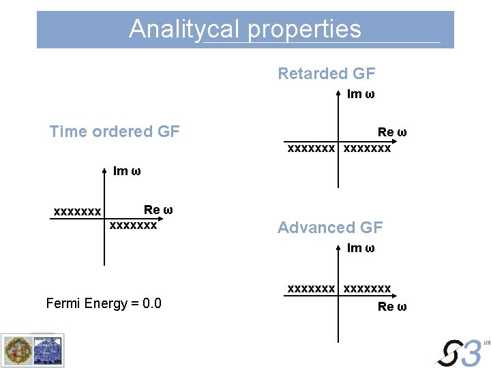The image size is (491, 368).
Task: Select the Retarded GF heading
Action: pyautogui.click(x=326, y=74)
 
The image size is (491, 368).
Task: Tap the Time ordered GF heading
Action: pyautogui.click(x=115, y=132)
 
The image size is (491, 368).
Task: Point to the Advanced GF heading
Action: pyautogui.click(x=330, y=228)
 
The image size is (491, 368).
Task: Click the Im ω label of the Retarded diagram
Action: pyautogui.click(x=361, y=94)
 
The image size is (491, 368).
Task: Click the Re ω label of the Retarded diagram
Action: pyautogui.click(x=392, y=132)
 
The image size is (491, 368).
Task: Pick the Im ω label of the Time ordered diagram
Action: pyautogui.click(x=127, y=171)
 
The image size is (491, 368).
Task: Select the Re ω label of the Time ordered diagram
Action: pyautogui.click(x=158, y=210)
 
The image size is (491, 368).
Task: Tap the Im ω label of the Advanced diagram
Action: pyautogui.click(x=361, y=248)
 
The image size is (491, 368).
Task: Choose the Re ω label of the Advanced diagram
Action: pyautogui.click(x=392, y=307)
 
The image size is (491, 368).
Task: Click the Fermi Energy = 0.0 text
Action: pyautogui.click(x=104, y=303)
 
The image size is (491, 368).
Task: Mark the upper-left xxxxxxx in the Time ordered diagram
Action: pyautogui.click(x=78, y=212)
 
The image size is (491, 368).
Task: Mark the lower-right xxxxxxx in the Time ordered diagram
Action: pyautogui.click(x=134, y=224)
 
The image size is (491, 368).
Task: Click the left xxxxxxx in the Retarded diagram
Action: pyautogui.click(x=311, y=147)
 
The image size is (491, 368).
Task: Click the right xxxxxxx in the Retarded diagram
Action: pyautogui.click(x=368, y=147)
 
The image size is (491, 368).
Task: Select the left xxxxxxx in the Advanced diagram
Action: pyautogui.click(x=311, y=289)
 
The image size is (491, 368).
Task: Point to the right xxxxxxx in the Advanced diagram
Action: pyautogui.click(x=368, y=289)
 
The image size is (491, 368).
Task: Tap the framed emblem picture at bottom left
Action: pyautogui.click(x=32, y=350)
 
